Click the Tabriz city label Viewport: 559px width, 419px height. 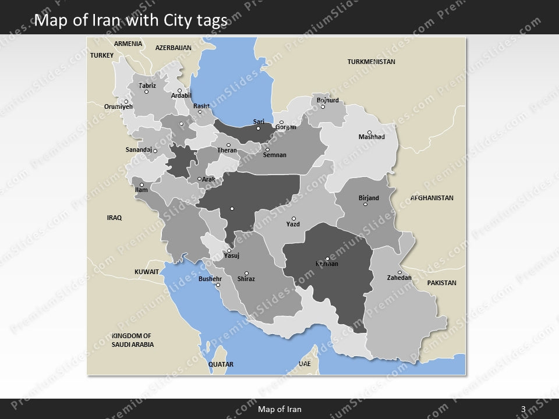point(147,86)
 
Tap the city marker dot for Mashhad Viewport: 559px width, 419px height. point(369,132)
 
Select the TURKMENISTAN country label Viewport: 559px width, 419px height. point(371,62)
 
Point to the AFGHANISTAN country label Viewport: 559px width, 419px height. point(431,198)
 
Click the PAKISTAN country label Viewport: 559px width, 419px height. point(441,283)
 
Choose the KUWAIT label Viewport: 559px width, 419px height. point(147,272)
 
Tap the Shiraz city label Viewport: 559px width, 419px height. point(246,279)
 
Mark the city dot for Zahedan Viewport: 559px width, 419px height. point(399,272)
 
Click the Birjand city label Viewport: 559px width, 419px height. point(368,198)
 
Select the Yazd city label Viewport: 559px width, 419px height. point(293,224)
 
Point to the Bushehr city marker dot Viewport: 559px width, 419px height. point(218,285)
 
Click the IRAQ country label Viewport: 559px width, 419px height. point(114,218)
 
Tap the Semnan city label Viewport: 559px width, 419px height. point(275,155)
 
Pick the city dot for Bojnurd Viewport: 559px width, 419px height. point(323,106)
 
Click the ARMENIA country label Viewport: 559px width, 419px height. point(128,44)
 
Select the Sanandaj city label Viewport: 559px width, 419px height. point(139,150)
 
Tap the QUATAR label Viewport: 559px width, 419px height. point(221,364)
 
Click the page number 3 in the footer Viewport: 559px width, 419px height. point(523,409)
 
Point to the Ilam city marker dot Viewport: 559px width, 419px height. point(141,185)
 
